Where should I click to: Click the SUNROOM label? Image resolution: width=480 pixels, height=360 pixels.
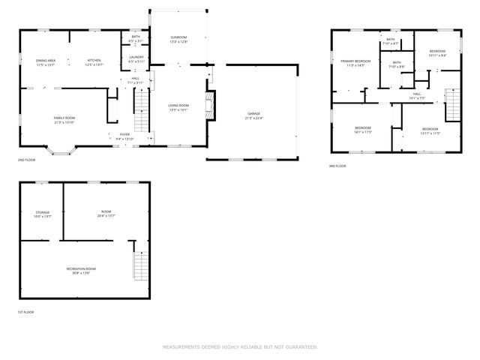tap(178, 37)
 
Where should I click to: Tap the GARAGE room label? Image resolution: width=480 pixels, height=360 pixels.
tap(255, 113)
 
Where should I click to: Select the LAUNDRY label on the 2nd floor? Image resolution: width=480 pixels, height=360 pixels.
tap(136, 57)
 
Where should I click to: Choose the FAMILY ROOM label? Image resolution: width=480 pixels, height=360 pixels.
tap(64, 118)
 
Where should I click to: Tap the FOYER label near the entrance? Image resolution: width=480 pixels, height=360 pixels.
tap(124, 135)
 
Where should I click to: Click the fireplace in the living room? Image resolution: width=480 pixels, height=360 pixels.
tap(211, 105)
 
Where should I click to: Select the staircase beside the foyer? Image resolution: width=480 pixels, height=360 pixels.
tap(142, 110)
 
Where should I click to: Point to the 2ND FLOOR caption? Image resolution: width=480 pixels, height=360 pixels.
tap(26, 160)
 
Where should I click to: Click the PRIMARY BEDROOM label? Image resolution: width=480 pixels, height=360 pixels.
tap(355, 61)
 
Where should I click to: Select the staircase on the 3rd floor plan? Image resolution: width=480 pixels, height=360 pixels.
tap(452, 103)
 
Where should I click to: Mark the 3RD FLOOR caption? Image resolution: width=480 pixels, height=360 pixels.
tap(337, 166)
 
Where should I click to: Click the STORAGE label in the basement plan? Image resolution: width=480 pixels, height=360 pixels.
tap(42, 212)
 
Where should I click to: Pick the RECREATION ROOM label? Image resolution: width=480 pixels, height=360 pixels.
tap(81, 268)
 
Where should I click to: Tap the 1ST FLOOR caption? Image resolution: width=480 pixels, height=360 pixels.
tap(26, 312)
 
